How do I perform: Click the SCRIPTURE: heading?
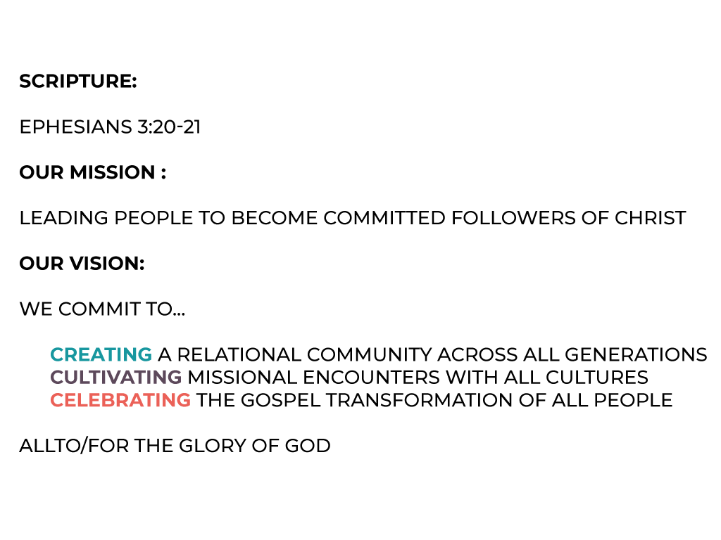[x=78, y=82]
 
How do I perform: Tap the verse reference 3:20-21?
[x=169, y=127]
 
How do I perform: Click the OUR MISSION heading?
[x=92, y=172]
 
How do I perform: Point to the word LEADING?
[x=64, y=218]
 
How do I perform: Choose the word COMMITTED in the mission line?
[x=384, y=218]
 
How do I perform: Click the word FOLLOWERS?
[x=513, y=218]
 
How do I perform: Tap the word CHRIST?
[x=650, y=218]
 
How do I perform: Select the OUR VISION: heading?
[x=82, y=264]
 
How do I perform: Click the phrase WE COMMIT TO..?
[x=102, y=309]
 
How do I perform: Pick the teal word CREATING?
[x=101, y=354]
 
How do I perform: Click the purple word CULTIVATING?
[x=116, y=378]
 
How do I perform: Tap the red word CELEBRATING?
[x=120, y=400]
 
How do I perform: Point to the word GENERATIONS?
[x=636, y=354]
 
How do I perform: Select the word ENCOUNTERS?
[x=372, y=378]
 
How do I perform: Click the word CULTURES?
[x=597, y=378]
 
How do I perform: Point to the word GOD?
[x=308, y=446]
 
